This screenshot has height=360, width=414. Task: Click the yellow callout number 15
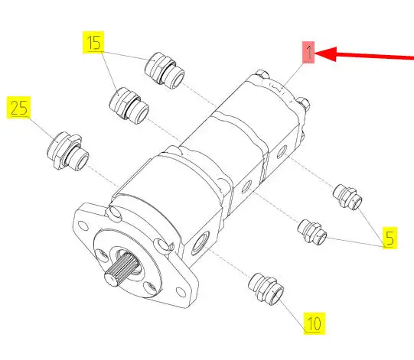pos(93,43)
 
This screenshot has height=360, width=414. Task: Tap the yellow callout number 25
pos(18,108)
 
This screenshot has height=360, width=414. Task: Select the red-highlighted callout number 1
pos(308,52)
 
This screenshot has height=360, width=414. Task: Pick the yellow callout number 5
pos(390,238)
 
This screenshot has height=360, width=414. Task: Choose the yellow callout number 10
pos(315,323)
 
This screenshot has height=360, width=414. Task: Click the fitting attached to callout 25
pos(68,151)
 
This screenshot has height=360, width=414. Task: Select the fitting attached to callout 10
pos(266,289)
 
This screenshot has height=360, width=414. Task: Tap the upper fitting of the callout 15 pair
pos(165,70)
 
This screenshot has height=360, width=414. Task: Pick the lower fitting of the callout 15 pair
pos(129,106)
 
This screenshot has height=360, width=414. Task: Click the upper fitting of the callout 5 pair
pos(347,197)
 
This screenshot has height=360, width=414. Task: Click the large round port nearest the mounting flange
pos(201,243)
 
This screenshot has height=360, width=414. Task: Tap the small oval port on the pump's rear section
pos(282,151)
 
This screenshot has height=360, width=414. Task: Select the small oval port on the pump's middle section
pos(246,186)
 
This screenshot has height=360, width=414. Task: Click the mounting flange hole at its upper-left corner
pos(83,226)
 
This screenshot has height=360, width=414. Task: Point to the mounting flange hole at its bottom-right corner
pos(181,292)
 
